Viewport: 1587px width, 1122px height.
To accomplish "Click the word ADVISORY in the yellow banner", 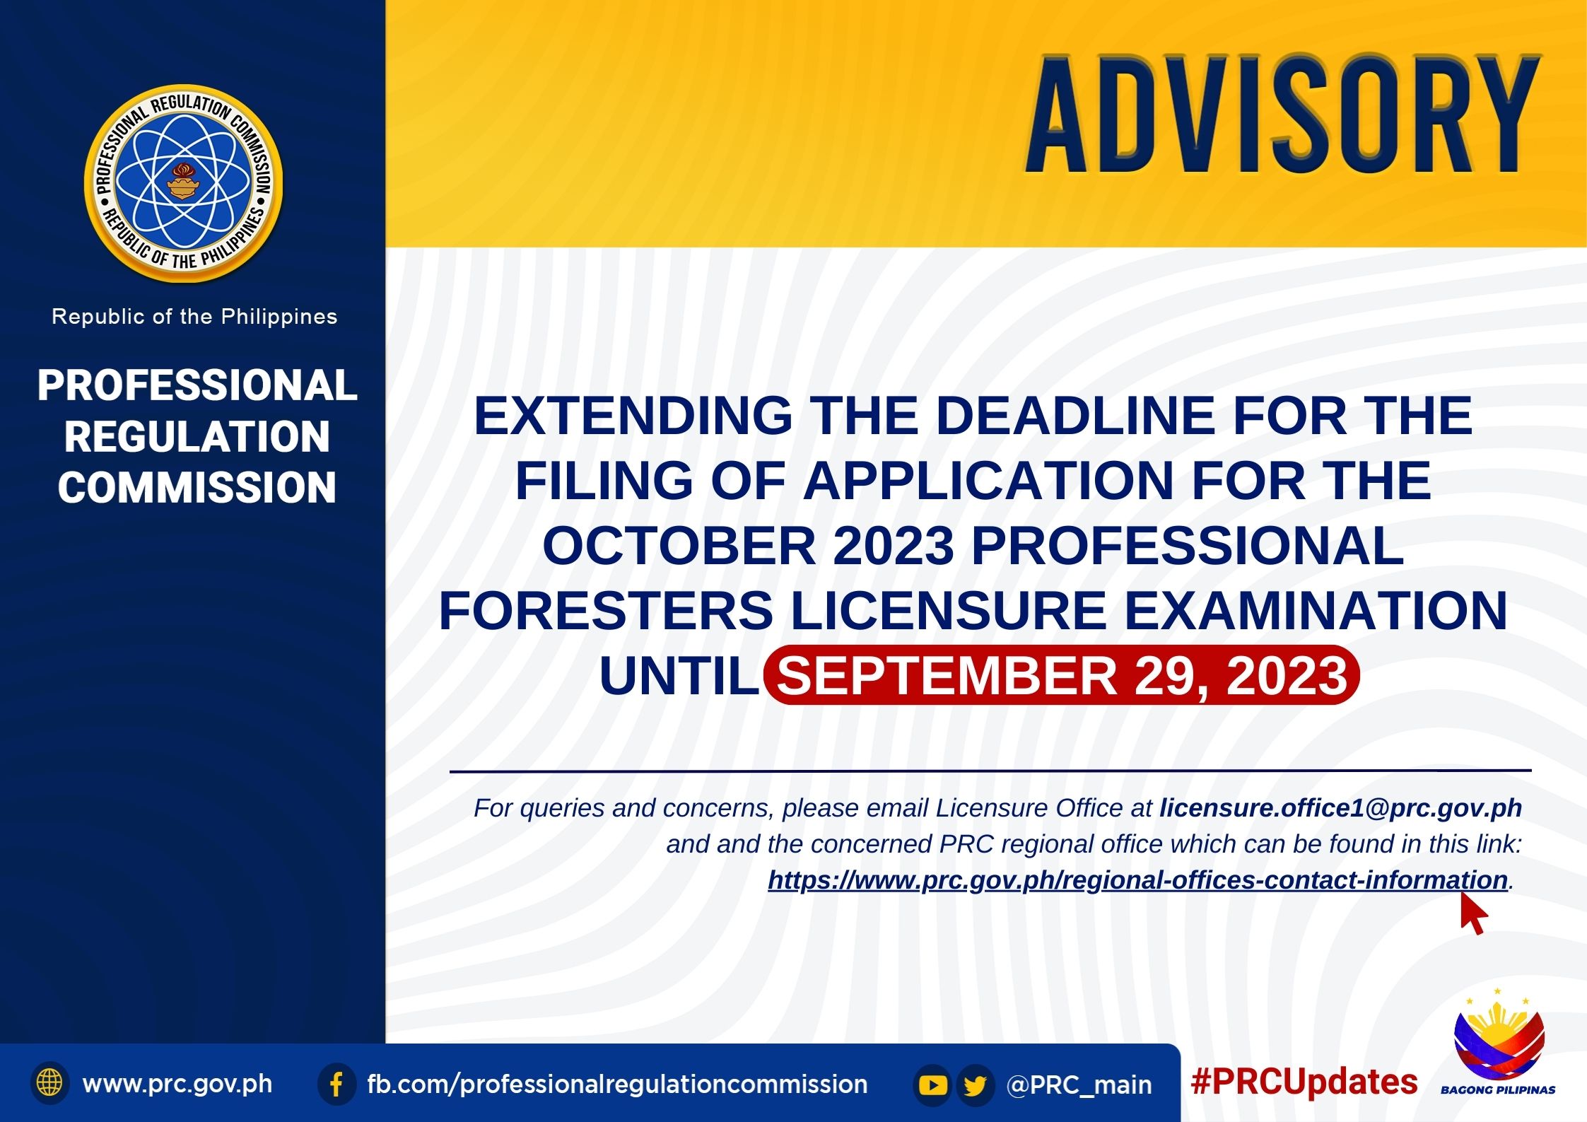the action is tap(1282, 115).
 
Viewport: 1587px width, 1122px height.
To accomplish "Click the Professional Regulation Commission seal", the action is tap(183, 184).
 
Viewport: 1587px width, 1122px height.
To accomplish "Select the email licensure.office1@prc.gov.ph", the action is tap(1341, 807).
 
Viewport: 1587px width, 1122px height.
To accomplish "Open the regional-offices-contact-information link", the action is tap(1138, 880).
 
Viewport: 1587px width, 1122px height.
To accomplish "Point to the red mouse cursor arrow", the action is tap(1474, 913).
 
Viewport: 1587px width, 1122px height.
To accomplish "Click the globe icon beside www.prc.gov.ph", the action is tap(49, 1082).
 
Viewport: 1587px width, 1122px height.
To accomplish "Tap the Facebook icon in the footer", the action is tap(336, 1084).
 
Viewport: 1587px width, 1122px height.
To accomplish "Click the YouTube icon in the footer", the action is tap(932, 1085).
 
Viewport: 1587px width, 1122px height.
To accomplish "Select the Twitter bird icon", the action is tap(976, 1085).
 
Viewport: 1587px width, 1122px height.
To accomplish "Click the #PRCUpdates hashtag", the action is tap(1304, 1082).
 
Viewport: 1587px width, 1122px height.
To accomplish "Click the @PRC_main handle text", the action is tap(1079, 1085).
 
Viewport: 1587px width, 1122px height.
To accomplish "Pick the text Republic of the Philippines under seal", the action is tap(194, 316).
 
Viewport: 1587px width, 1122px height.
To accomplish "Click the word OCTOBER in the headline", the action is tap(679, 546).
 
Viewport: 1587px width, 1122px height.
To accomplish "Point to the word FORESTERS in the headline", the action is tap(606, 610).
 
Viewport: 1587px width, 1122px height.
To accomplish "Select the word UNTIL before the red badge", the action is tap(679, 676).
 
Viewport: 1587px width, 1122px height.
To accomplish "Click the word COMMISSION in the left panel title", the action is tap(197, 487).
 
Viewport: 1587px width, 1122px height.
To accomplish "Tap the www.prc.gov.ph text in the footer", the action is tap(177, 1084).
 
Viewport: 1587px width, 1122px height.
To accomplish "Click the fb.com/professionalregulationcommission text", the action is tap(617, 1085).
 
